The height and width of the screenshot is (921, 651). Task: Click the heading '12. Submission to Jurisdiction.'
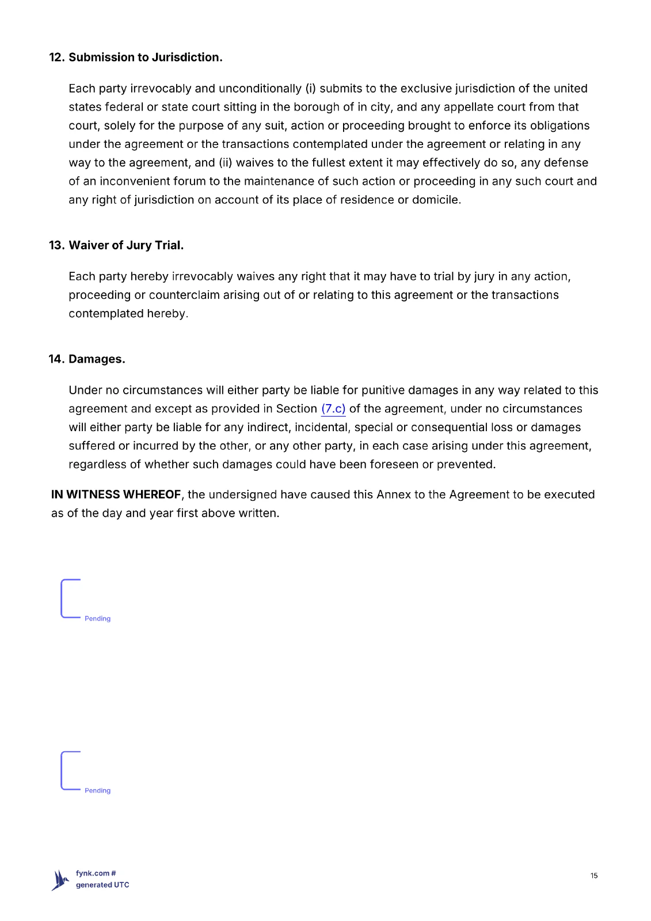pos(135,58)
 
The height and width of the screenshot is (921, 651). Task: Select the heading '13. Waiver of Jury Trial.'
pos(116,245)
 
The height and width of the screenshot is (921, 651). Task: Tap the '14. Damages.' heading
pos(87,359)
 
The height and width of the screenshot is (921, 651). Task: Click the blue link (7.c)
pos(333,409)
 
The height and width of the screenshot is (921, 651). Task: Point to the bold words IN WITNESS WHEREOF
pos(116,494)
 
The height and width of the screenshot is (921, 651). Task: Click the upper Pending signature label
pos(97,619)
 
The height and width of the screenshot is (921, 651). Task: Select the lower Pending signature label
pos(97,791)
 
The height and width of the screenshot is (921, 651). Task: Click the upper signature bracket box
pos(71,599)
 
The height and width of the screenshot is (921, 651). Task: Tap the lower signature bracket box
pos(71,771)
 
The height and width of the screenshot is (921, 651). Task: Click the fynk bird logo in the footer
pos(60,880)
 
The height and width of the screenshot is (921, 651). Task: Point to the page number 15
pos(594,876)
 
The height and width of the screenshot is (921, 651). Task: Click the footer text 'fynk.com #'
pos(96,873)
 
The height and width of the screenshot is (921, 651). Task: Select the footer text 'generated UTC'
pos(102,885)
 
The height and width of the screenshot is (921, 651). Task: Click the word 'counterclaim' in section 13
pos(184,295)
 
